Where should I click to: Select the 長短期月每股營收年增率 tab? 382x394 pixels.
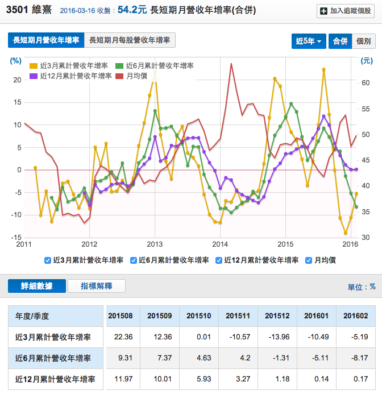tap(130, 40)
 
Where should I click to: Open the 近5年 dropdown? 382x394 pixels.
tap(309, 41)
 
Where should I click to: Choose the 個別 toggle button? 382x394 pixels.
tap(363, 41)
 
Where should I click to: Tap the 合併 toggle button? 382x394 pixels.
tap(340, 41)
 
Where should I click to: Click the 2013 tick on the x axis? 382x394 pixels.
tap(155, 244)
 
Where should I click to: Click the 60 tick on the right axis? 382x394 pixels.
tap(367, 83)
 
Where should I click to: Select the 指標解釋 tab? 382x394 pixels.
tap(96, 286)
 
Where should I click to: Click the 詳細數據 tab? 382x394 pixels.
tap(37, 286)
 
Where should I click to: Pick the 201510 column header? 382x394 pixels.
tap(199, 316)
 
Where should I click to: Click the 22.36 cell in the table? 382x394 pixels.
tap(123, 337)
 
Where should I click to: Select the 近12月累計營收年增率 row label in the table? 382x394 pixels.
tap(55, 379)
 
